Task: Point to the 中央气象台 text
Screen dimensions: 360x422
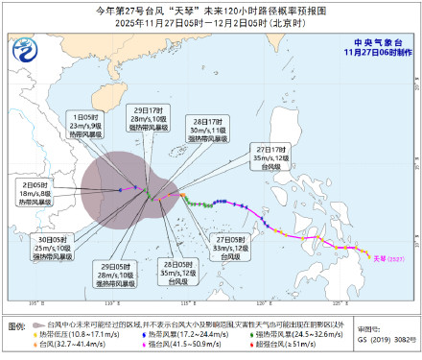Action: (374, 43)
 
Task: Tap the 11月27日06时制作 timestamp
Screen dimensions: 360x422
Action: (373, 56)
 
